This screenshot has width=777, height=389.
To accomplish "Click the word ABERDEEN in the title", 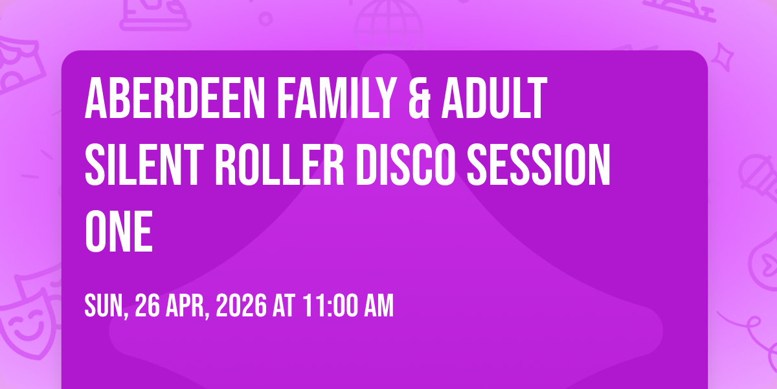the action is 175,99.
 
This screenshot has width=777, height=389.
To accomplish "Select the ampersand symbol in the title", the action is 419,99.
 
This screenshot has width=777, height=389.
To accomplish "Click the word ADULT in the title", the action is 494,99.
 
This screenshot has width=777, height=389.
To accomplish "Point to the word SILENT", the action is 144,165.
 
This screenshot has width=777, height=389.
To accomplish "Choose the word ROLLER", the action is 280,165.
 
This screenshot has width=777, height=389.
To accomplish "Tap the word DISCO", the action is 405,165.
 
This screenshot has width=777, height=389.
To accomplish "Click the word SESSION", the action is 538,165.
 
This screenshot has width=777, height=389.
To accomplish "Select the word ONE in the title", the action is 118,231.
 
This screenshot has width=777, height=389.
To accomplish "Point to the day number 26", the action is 148,305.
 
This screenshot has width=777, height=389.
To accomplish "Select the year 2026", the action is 242,305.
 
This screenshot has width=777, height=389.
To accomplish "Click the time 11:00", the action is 330,305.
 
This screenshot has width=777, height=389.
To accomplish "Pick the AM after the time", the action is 378,305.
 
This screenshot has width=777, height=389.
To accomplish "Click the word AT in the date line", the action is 284,305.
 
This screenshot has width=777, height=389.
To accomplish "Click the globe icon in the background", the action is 388,25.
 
